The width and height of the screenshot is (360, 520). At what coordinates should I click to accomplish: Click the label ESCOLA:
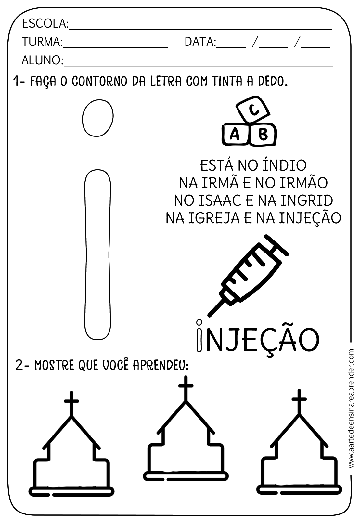point(45,23)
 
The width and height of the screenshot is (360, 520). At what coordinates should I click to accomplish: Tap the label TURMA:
point(42,42)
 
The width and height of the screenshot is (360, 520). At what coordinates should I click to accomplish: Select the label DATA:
point(200,42)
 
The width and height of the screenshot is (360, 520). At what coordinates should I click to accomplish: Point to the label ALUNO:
point(42,60)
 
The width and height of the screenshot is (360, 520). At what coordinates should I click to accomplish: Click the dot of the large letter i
point(97,118)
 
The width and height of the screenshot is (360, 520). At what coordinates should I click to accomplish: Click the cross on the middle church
point(186,387)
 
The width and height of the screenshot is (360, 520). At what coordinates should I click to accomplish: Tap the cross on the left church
point(71,401)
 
